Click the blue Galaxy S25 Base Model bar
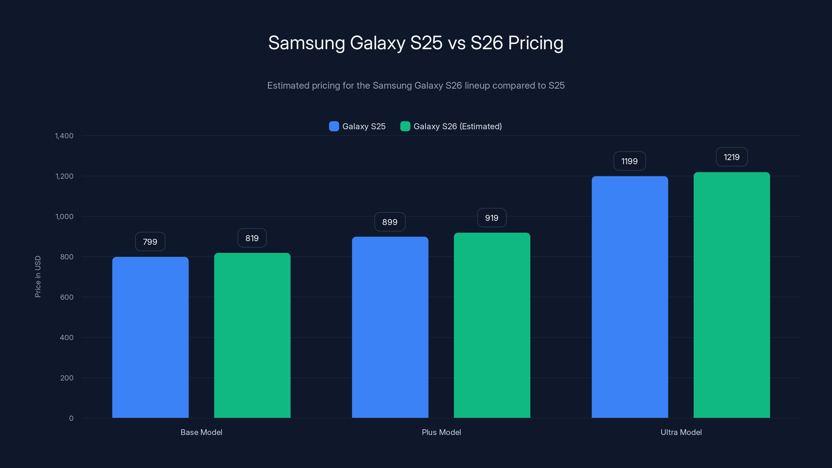click(x=150, y=337)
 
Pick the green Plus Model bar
click(x=492, y=325)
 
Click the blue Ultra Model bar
click(x=629, y=297)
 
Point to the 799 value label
click(x=150, y=242)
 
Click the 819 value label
click(x=252, y=238)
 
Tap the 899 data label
click(x=390, y=222)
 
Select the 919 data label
click(x=492, y=218)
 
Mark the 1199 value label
click(x=629, y=161)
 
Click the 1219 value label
click(x=732, y=157)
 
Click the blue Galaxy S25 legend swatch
click(x=334, y=126)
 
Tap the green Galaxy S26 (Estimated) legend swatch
click(x=405, y=126)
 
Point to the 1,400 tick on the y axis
click(x=64, y=136)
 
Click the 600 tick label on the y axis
click(x=67, y=297)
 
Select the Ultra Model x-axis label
click(x=681, y=432)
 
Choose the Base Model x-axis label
click(x=201, y=432)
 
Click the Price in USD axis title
click(x=38, y=276)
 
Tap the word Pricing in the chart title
click(x=536, y=43)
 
